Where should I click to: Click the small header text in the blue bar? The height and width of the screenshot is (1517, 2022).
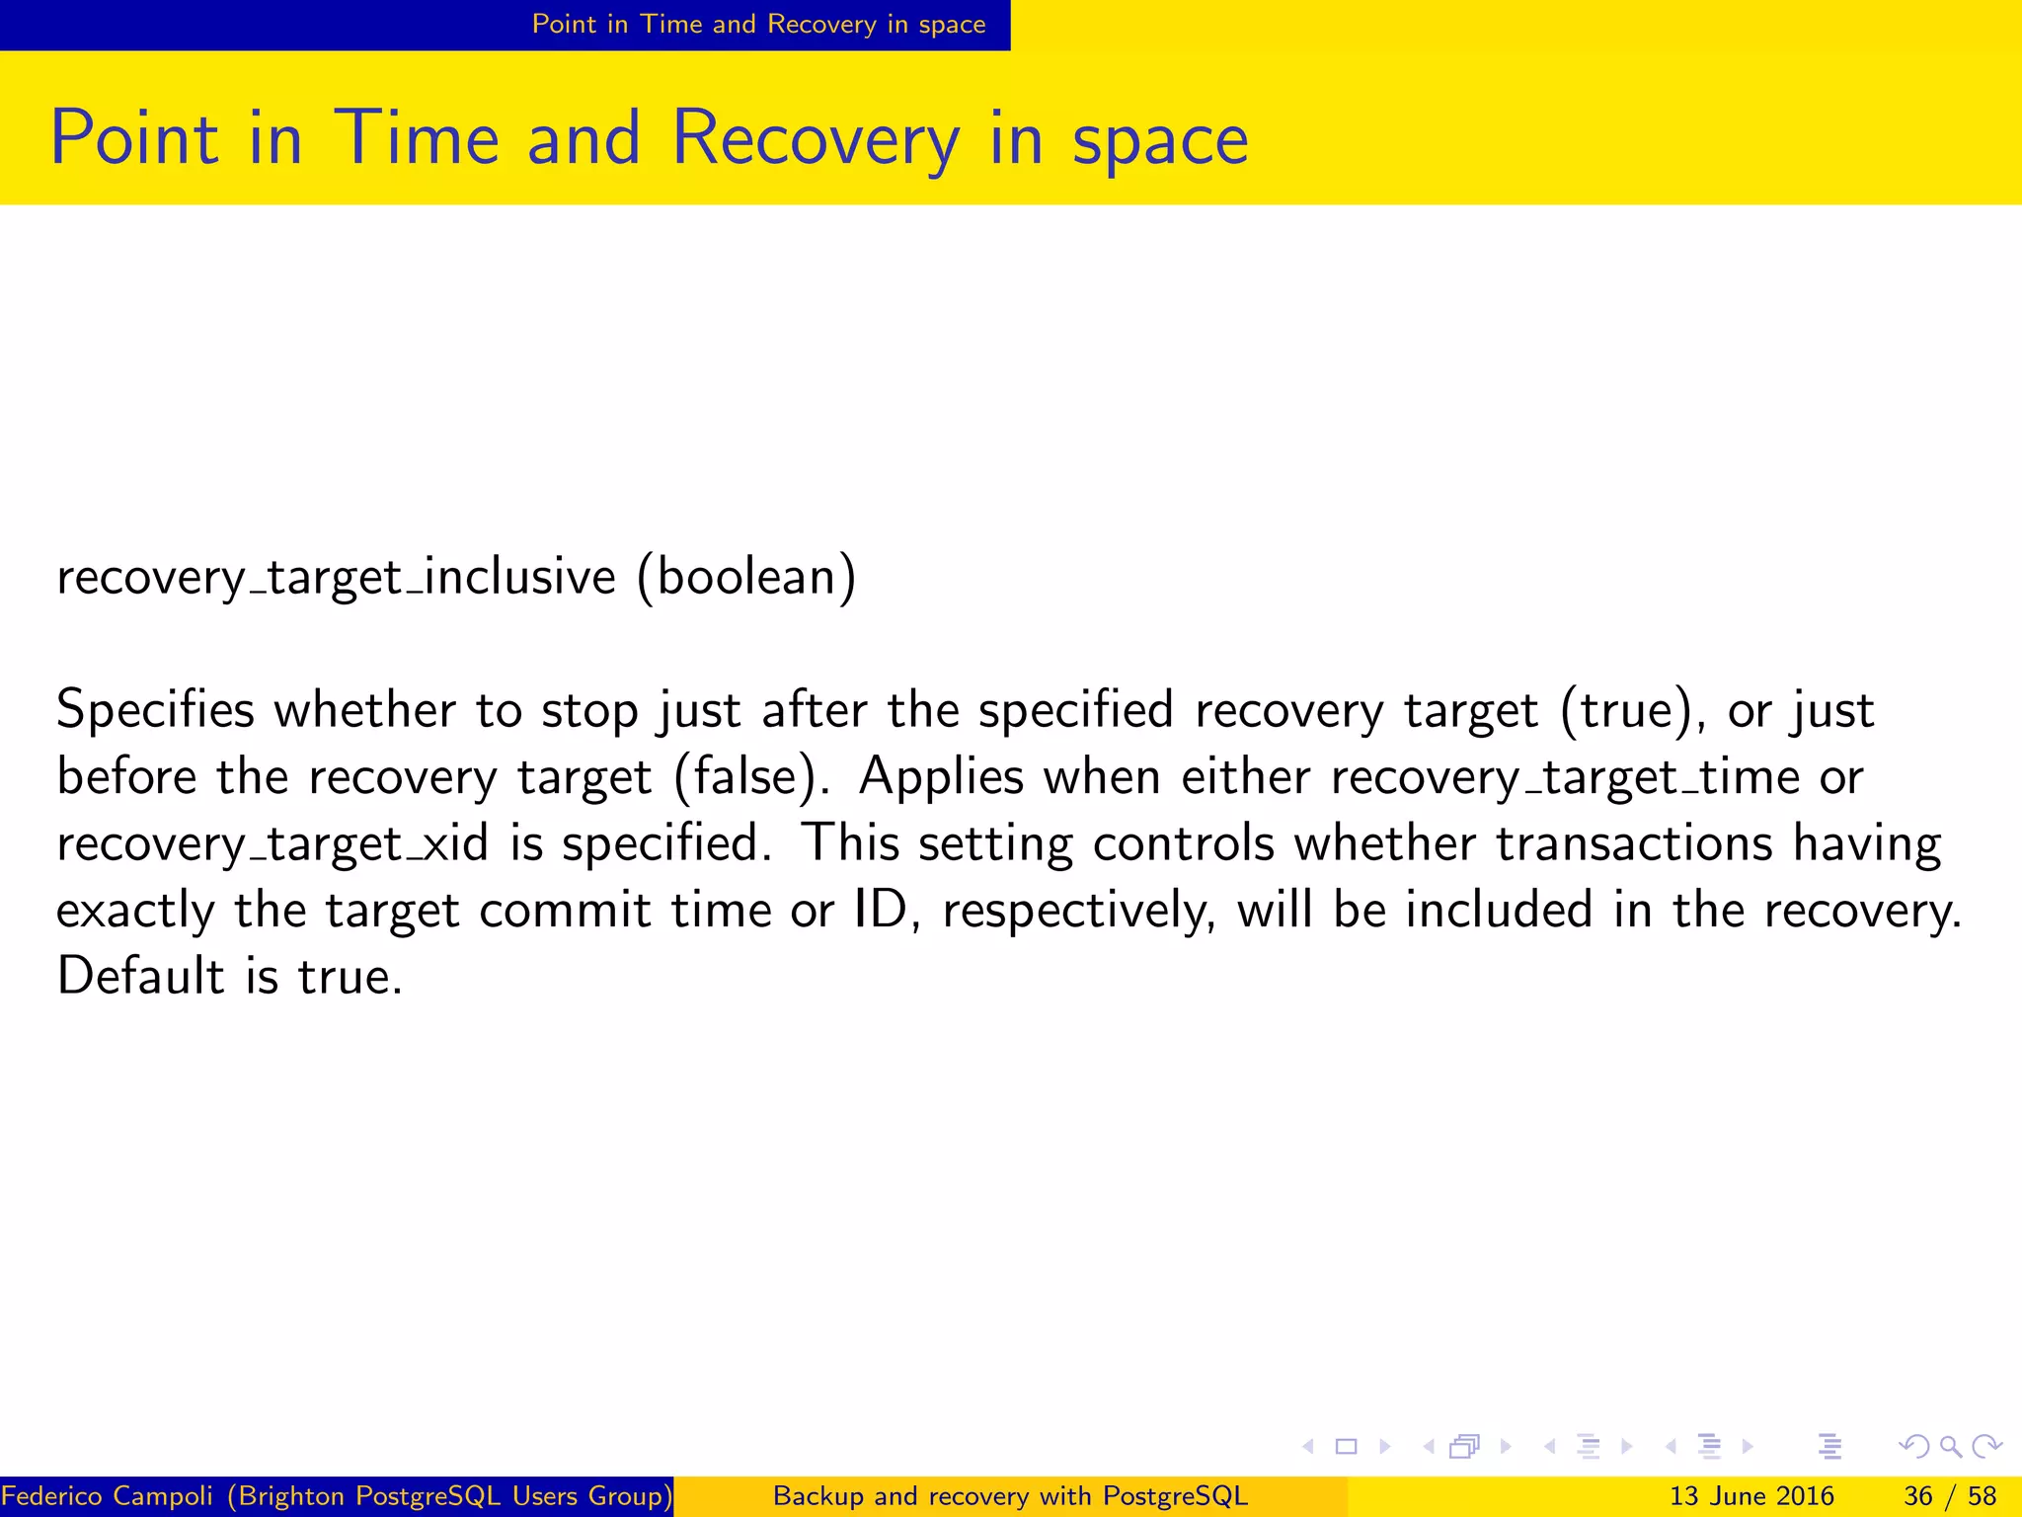tap(758, 24)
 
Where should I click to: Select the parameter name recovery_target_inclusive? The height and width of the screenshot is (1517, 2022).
tap(336, 577)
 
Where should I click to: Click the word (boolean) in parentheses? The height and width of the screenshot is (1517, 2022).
tap(746, 577)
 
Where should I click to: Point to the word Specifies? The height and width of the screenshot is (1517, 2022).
tap(155, 710)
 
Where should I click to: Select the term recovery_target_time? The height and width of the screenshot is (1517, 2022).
tap(1565, 777)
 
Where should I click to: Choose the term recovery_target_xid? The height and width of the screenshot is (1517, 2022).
tap(272, 844)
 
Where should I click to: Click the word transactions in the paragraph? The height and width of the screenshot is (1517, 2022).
tap(1634, 843)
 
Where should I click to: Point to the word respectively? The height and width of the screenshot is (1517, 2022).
tap(1078, 911)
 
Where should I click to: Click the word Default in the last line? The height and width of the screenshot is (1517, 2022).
tap(141, 976)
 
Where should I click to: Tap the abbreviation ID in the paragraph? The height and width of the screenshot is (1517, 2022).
tap(881, 910)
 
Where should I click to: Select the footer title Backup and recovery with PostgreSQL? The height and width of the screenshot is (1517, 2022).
tap(1010, 1496)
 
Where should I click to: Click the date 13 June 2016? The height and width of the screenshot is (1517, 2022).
tap(1751, 1496)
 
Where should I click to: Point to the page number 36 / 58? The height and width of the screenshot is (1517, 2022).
tap(1950, 1496)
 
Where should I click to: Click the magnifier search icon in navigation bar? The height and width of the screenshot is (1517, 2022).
tap(1950, 1447)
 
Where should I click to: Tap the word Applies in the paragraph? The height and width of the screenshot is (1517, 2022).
tap(941, 777)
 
